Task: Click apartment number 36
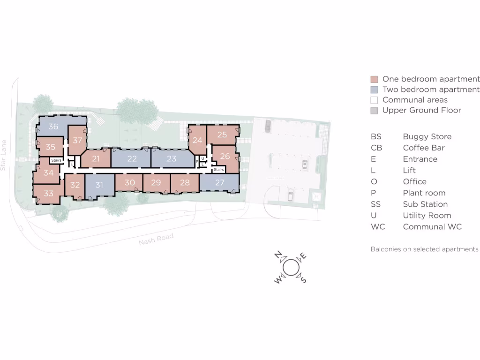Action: [x=53, y=127]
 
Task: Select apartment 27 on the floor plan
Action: [x=220, y=183]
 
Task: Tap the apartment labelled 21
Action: [x=96, y=159]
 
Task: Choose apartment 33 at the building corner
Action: [x=49, y=193]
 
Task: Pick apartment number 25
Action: [x=222, y=135]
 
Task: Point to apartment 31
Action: [x=99, y=185]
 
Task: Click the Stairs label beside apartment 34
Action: [x=56, y=160]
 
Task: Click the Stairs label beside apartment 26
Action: [x=219, y=170]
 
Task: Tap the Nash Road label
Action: [x=156, y=240]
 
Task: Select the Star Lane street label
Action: [x=4, y=155]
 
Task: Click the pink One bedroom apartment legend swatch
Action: [x=374, y=79]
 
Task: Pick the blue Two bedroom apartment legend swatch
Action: [x=374, y=90]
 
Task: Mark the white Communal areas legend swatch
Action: [x=374, y=100]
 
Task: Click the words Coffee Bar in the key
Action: [x=423, y=148]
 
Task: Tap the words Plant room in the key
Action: [x=424, y=193]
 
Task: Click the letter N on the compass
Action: [x=278, y=255]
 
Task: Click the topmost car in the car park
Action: [x=268, y=125]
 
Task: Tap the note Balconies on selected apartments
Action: [x=424, y=249]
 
